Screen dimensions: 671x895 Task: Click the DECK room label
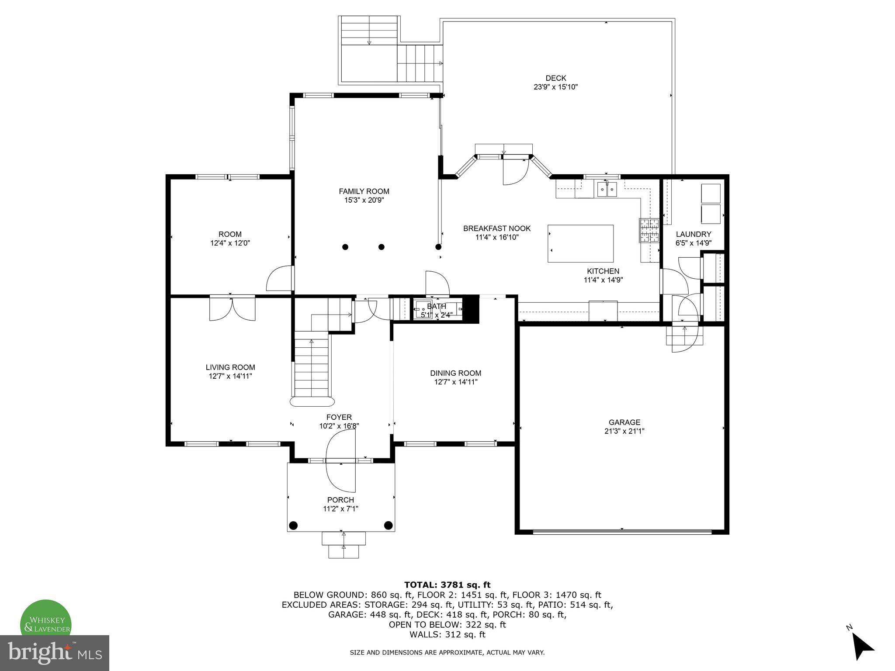(555, 78)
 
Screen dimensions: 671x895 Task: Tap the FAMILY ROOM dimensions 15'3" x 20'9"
(364, 201)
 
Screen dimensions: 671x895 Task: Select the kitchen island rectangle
(580, 243)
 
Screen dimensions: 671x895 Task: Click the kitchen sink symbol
(607, 189)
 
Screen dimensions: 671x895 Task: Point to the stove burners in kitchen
(649, 230)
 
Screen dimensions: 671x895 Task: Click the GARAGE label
(624, 422)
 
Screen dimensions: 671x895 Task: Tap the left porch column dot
(293, 525)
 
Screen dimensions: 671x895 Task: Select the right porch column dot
(388, 525)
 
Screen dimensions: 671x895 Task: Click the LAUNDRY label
(693, 234)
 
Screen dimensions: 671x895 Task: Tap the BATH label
(436, 306)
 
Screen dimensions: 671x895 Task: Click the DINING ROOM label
(455, 373)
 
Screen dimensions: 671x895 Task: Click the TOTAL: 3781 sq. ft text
(447, 585)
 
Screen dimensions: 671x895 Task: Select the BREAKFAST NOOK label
(497, 228)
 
